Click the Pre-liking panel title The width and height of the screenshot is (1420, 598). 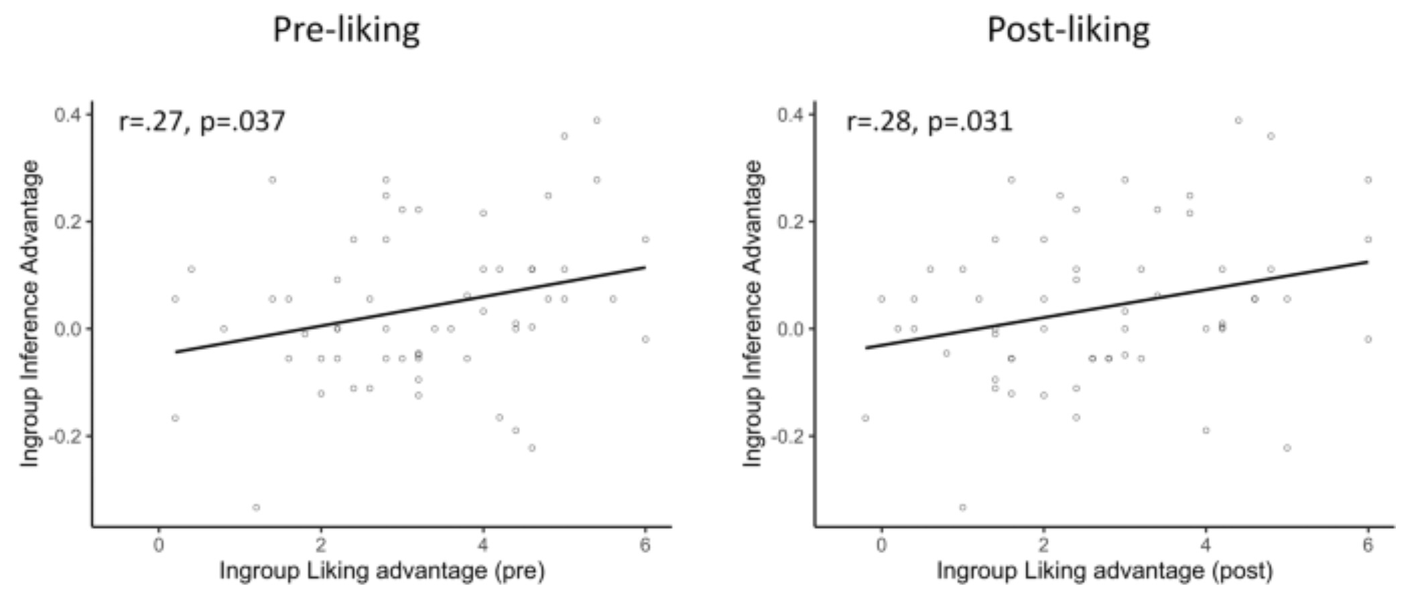346,31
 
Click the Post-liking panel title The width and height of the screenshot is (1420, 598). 1068,31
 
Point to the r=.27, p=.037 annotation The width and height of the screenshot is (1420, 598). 202,122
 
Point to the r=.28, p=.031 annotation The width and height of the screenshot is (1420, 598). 929,122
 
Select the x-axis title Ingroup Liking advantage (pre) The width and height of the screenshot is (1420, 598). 382,571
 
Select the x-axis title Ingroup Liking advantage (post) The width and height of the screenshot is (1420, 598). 1104,571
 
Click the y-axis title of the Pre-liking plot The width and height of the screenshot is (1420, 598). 29,314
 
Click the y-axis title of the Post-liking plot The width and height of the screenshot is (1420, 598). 753,314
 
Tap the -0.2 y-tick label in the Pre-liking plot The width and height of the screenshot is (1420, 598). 66,436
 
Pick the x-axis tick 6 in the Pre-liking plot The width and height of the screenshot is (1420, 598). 645,545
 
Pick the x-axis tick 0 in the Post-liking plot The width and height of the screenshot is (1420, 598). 882,545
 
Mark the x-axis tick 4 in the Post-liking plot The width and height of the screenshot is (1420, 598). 1206,545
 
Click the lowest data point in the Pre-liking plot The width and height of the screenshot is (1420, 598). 256,507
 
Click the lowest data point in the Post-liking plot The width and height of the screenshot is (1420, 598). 963,507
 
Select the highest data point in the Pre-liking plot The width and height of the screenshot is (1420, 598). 596,121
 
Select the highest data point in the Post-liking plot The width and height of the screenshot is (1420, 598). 1238,121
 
